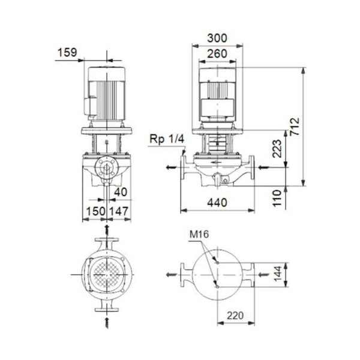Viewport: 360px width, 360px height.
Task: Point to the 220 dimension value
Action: [x=236, y=314]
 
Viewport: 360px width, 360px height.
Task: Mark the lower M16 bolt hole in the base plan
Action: [x=217, y=288]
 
